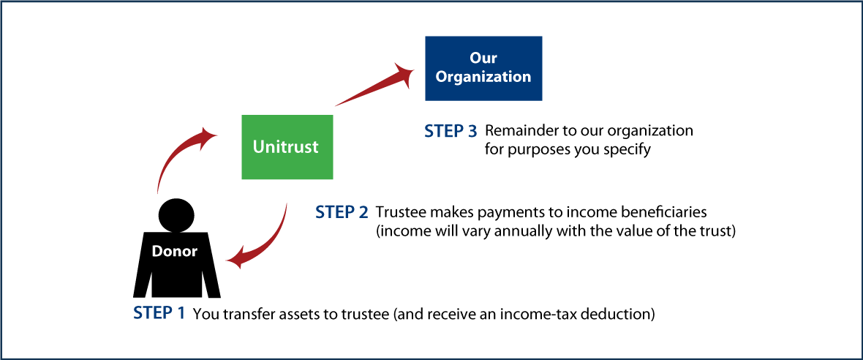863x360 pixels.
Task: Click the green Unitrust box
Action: (287, 146)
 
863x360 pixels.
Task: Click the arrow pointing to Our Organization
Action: (373, 84)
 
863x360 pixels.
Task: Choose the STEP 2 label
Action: (342, 212)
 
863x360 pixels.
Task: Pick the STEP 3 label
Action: (451, 132)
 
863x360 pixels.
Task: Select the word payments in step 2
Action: (502, 212)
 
